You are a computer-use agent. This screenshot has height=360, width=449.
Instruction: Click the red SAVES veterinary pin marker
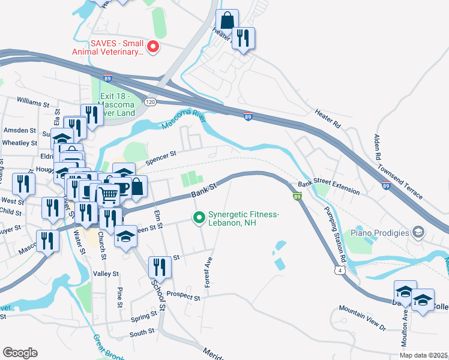pos(153,46)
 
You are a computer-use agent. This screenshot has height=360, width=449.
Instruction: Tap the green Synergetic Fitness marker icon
pos(197,218)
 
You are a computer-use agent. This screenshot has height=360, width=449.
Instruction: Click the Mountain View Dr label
pos(362,317)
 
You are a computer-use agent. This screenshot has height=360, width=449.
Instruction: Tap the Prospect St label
pos(183,296)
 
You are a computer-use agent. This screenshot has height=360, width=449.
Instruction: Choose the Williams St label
pos(33,103)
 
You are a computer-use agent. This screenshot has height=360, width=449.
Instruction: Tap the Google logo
pos(20,353)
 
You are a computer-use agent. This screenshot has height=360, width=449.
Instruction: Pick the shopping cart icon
pos(108,195)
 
